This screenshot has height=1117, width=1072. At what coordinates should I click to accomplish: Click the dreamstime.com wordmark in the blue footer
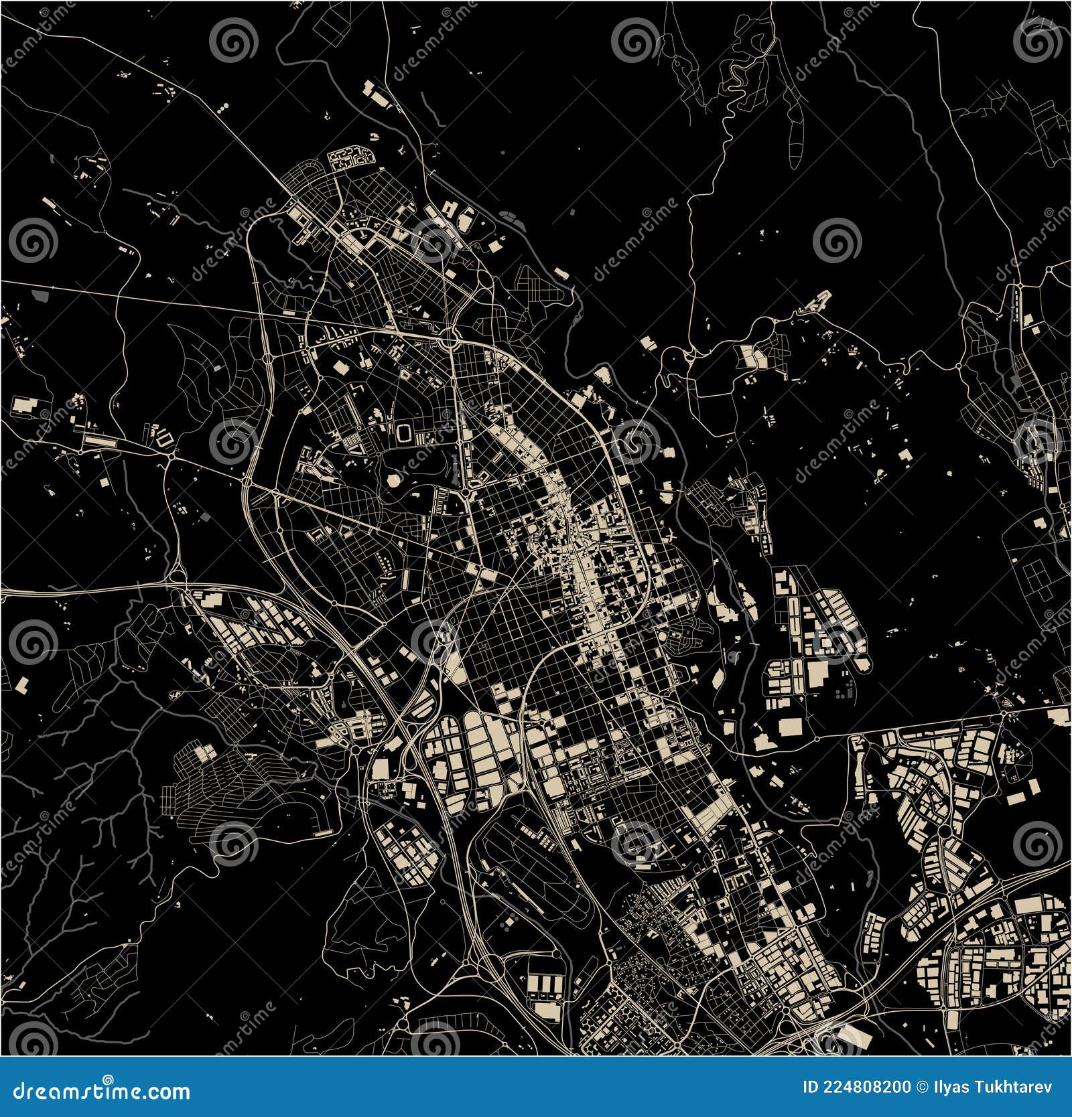(x=101, y=1092)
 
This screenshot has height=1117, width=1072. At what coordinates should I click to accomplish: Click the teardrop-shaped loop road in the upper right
(x=795, y=144)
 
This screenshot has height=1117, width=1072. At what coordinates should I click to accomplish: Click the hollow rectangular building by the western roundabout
(x=163, y=439)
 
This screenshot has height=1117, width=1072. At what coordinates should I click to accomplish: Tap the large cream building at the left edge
(x=24, y=404)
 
